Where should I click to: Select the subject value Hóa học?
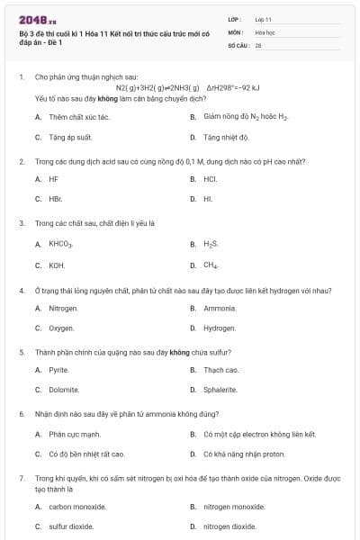pyautogui.click(x=265, y=31)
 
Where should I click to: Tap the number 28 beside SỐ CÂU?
pyautogui.click(x=258, y=44)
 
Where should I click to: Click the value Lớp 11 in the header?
pyautogui.click(x=263, y=19)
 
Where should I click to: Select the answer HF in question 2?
pyautogui.click(x=54, y=179)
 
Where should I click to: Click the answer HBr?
pyautogui.click(x=56, y=199)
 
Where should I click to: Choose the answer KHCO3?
pyautogui.click(x=61, y=244)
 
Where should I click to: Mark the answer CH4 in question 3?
pyautogui.click(x=211, y=265)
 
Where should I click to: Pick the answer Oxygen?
pyautogui.click(x=61, y=328)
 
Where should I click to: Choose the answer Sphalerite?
pyautogui.click(x=220, y=390)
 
